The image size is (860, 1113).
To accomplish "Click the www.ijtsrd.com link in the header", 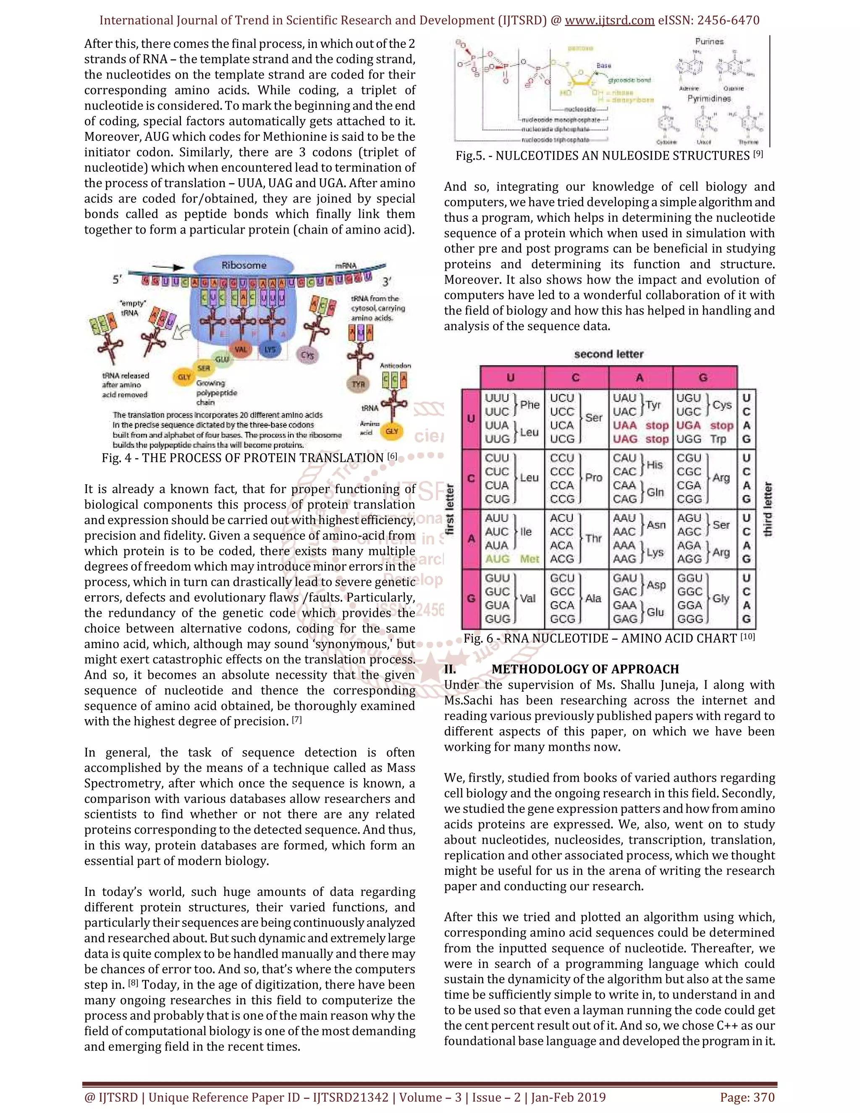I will pos(609,21).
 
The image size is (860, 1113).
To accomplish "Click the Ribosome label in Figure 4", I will pos(244,265).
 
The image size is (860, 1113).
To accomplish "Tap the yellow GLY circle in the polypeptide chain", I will pos(184,377).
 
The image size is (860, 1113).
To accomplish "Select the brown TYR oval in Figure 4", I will pos(358,384).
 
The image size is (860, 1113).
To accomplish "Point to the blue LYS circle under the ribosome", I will pos(270,349).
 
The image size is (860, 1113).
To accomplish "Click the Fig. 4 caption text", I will pos(249,458).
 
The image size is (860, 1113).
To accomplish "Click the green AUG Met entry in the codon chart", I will pos(511,559).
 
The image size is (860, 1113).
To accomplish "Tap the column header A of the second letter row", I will pos(640,378).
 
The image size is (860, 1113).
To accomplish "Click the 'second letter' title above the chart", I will pos(608,354).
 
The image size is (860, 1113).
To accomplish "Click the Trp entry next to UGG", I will pos(718,439).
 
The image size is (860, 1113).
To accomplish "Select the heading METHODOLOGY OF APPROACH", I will pos(585,669).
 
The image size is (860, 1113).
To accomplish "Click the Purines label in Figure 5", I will pos(709,42).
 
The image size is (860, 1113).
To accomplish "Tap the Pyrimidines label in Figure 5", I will pos(709,98).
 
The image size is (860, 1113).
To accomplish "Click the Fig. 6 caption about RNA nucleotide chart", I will pos(609,638).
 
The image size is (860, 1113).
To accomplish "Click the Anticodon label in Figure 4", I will pos(395,365).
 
